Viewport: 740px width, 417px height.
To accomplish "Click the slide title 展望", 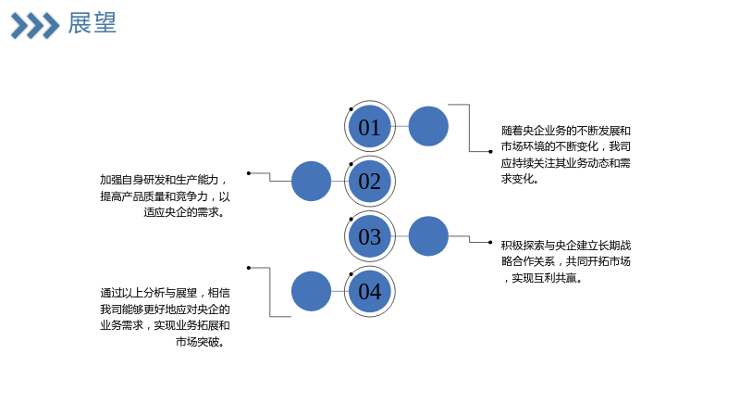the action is [x=92, y=23].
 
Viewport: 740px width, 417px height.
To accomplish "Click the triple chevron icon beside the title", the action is [x=35, y=26].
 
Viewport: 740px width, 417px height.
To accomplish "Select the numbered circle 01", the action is [x=369, y=126].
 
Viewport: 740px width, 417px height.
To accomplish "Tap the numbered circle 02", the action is [x=369, y=181].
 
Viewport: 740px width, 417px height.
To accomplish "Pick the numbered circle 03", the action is [x=369, y=236].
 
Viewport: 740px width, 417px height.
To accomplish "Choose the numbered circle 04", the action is [x=369, y=291].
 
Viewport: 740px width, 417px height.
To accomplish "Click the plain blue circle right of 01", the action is [x=428, y=126].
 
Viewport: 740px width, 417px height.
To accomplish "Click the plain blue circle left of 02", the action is [x=311, y=181].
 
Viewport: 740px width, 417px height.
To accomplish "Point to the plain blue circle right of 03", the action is [x=428, y=236].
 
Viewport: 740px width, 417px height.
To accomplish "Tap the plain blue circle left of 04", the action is [x=311, y=291].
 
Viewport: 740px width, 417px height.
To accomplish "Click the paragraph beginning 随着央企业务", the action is [x=566, y=155].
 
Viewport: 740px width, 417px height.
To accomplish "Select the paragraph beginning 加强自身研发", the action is [x=165, y=196].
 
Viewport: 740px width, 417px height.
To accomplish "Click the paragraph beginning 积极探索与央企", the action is [x=566, y=261].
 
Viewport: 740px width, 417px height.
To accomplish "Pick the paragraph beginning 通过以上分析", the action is [x=165, y=317].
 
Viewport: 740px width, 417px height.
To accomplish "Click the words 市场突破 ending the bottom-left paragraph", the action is [x=197, y=341].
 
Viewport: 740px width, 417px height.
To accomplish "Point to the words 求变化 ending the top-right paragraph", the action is [x=517, y=179].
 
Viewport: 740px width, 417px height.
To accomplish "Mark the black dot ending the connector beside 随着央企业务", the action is [x=490, y=152].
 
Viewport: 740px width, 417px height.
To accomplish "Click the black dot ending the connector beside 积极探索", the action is [x=490, y=242].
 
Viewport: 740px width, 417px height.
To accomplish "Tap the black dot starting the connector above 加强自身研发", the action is [x=249, y=173].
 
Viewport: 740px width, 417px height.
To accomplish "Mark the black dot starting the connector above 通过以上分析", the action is [x=249, y=268].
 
